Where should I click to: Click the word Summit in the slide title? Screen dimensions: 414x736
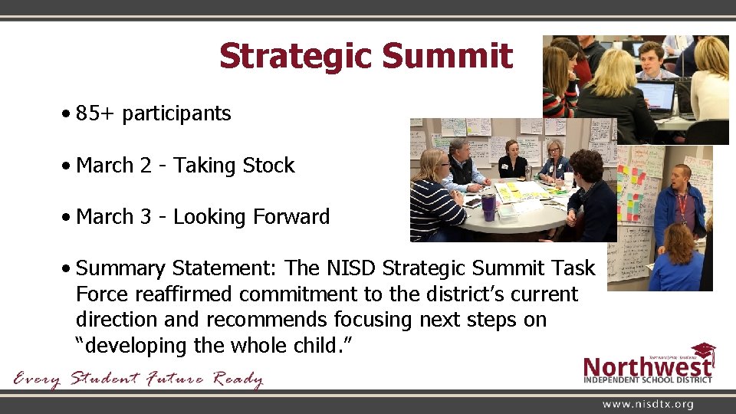click(447, 56)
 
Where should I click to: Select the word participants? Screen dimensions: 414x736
click(176, 114)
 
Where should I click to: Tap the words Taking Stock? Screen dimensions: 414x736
click(234, 166)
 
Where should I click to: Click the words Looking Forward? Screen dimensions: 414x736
click(251, 217)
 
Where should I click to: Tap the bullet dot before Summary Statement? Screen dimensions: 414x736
click(69, 269)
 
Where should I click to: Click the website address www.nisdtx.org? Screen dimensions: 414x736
click(648, 404)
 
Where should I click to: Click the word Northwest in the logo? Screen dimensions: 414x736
click(647, 366)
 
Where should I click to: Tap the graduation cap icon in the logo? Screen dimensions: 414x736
click(703, 352)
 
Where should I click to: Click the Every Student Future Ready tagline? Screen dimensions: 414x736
click(138, 379)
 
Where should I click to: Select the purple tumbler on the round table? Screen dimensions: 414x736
click(488, 206)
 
